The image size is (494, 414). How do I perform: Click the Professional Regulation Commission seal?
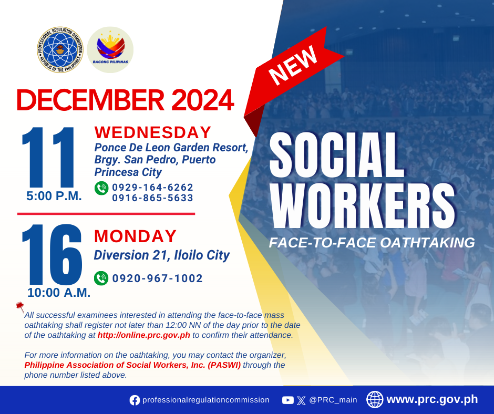(60, 50)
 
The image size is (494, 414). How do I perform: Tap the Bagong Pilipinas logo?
(110, 50)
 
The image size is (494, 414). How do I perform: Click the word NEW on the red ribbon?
(293, 65)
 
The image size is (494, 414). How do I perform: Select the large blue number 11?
(48, 157)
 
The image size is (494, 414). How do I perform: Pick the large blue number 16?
(52, 254)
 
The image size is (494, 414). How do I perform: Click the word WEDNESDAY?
(153, 132)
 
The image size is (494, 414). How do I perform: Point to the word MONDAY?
(136, 236)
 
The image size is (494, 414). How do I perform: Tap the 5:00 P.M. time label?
(54, 196)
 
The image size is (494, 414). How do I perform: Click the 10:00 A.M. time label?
(59, 293)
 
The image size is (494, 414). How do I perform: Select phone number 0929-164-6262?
(152, 187)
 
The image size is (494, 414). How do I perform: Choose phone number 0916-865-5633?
(152, 198)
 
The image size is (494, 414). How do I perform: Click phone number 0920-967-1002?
(158, 278)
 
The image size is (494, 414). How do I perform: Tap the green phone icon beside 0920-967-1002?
(101, 278)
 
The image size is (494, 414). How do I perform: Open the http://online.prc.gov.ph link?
(143, 335)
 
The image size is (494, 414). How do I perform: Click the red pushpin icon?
(20, 307)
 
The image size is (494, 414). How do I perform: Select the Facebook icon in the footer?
(135, 400)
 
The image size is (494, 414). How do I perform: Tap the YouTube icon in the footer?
(288, 400)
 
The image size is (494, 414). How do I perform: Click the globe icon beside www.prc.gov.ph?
(375, 399)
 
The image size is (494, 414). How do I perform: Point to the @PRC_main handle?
(333, 400)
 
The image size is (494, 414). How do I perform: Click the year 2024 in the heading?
(202, 100)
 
